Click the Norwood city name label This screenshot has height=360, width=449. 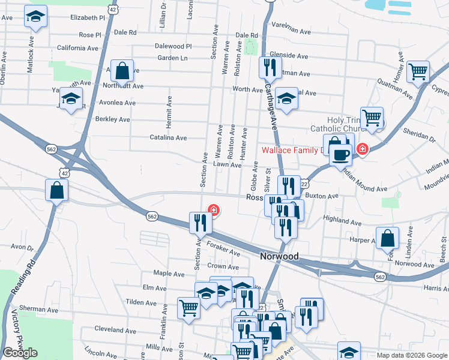[279, 256]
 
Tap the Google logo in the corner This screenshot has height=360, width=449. [20, 353]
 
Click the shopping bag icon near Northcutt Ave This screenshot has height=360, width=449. [122, 71]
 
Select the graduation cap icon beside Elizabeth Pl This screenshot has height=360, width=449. [36, 17]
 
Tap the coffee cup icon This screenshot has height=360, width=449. [342, 154]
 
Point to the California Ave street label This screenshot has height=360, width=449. [77, 48]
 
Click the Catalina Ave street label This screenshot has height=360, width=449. [168, 137]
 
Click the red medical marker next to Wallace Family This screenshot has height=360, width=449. [363, 149]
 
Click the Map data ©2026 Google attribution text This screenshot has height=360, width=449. [411, 355]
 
